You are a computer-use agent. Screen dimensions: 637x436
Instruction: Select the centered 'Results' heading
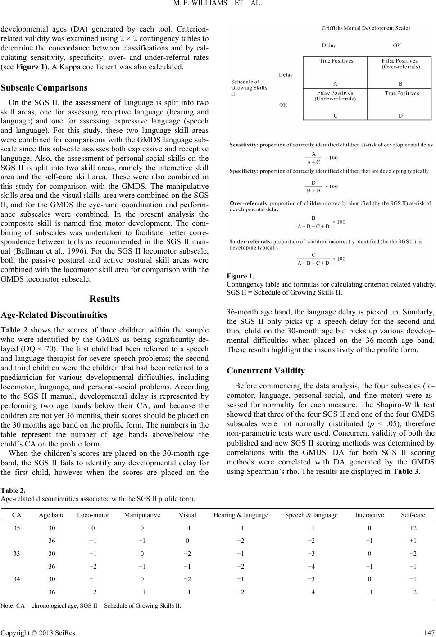[104, 299]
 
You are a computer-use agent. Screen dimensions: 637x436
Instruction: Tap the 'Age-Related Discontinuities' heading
[54, 314]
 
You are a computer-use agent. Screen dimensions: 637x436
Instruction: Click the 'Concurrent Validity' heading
[266, 371]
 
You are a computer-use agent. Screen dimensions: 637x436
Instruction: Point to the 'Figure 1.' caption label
[241, 277]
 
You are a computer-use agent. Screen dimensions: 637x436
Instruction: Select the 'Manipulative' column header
[141, 515]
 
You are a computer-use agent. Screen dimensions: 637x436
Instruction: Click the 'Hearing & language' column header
[241, 515]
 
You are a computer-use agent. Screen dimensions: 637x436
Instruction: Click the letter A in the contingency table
[336, 83]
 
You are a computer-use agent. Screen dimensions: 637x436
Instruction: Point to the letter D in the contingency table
[400, 115]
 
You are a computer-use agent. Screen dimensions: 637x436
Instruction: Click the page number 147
[429, 631]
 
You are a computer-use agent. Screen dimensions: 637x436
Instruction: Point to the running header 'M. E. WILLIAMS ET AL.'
[218, 6]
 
